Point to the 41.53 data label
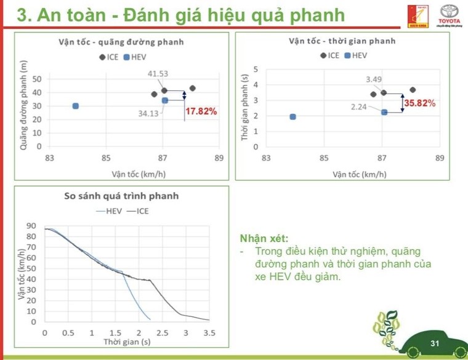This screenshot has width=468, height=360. pyautogui.click(x=158, y=74)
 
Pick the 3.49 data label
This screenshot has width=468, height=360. pyautogui.click(x=374, y=79)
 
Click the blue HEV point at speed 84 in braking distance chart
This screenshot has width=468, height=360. pyautogui.click(x=76, y=106)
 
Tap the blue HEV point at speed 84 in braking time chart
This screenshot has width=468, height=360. pyautogui.click(x=292, y=116)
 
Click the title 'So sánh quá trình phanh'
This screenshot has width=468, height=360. pyautogui.click(x=121, y=196)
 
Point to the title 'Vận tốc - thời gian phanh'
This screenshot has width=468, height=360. pyautogui.click(x=342, y=42)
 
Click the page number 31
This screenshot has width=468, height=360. pyautogui.click(x=435, y=343)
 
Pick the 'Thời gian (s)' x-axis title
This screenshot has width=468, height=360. pyautogui.click(x=127, y=342)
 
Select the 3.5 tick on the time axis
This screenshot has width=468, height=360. pyautogui.click(x=209, y=333)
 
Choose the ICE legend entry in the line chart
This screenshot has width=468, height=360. pyautogui.click(x=138, y=211)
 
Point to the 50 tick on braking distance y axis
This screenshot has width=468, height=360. pyautogui.click(x=37, y=79)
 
